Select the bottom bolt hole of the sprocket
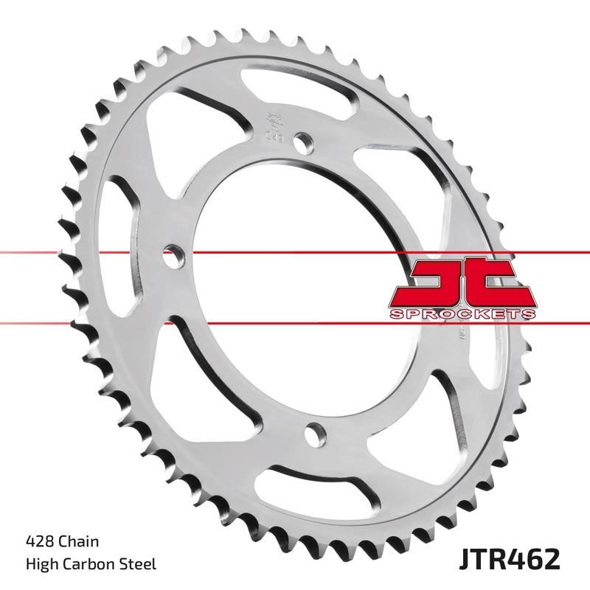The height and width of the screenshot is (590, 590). tap(316, 434)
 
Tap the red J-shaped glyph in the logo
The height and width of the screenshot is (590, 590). tap(431, 283)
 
